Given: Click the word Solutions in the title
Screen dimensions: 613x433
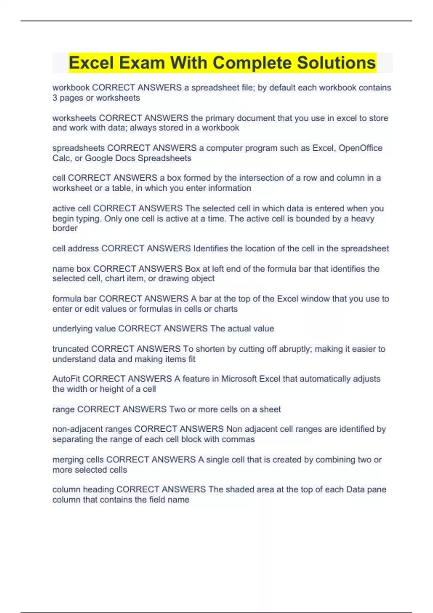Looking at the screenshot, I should coord(336,63).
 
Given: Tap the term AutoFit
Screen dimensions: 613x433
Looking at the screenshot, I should coord(66,379).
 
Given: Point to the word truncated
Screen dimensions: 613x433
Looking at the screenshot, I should coord(70,349).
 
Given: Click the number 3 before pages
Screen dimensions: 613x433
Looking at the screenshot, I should coord(55,98).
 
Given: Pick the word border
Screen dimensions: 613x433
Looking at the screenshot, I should coord(65,228).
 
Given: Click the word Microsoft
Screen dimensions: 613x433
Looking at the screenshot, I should coord(239,379).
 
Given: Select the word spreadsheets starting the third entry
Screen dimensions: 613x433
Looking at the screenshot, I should coord(78,148).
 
